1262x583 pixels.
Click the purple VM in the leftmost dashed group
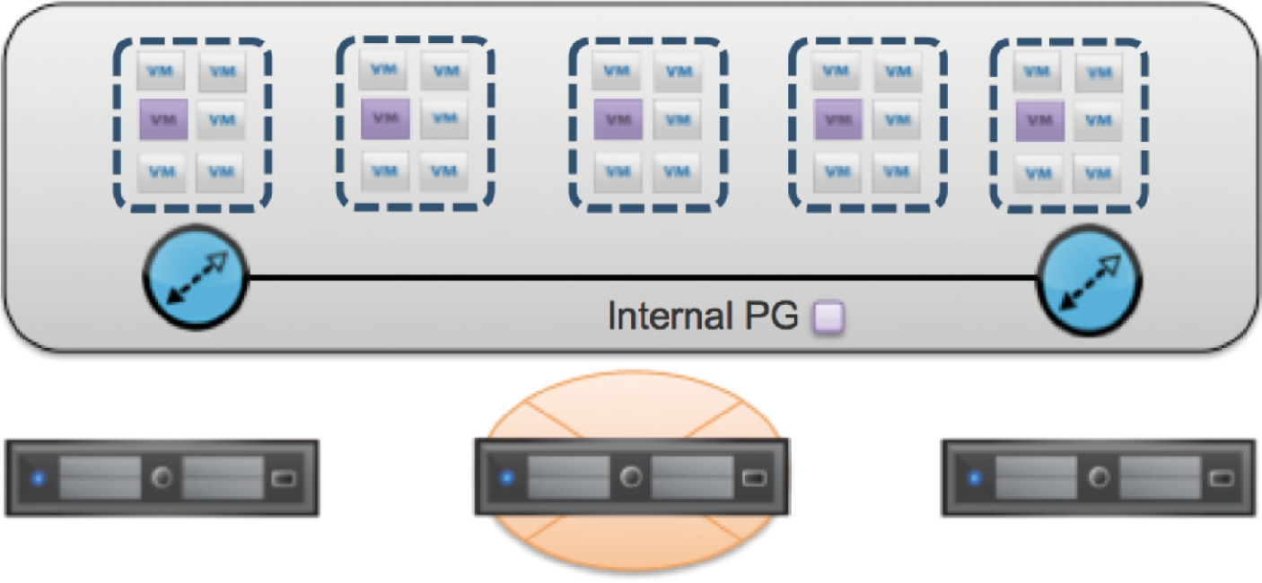(x=163, y=119)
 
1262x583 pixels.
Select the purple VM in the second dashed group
(x=385, y=118)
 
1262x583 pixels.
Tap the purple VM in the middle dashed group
(x=618, y=119)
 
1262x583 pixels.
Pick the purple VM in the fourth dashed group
(x=838, y=119)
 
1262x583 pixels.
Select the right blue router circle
(x=1089, y=281)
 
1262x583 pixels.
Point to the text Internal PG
(x=703, y=317)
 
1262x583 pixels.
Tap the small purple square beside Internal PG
(x=828, y=318)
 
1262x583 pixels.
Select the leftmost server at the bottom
(x=162, y=477)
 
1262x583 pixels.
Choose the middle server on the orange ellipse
(x=632, y=477)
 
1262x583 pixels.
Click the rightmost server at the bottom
(x=1099, y=477)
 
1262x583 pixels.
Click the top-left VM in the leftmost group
(x=162, y=71)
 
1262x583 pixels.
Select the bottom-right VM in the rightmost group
(x=1096, y=171)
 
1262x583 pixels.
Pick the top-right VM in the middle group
(x=677, y=71)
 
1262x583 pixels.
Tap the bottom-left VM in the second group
(x=385, y=170)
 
